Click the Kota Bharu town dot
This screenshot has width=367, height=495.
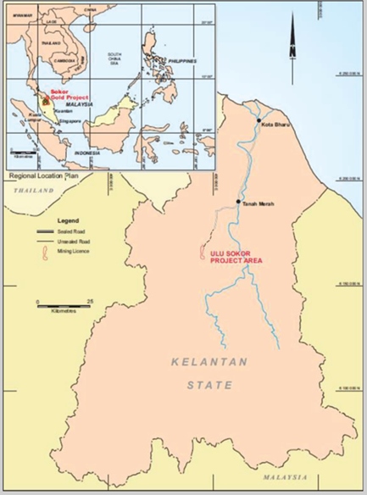coord(258,121)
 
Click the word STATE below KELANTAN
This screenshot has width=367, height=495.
coord(209,386)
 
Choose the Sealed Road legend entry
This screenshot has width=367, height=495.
coord(72,231)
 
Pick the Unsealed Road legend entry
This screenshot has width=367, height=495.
coord(74,242)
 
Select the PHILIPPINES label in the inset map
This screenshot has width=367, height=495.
coord(180,62)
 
